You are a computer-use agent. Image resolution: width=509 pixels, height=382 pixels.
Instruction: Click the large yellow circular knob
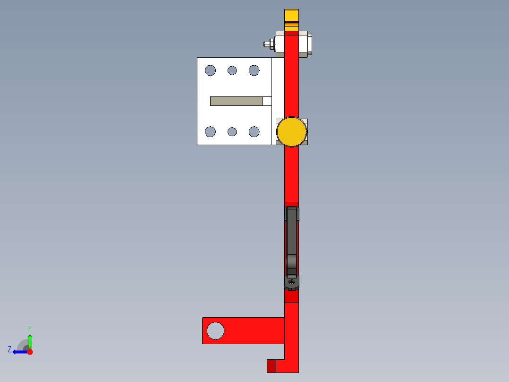click(291, 132)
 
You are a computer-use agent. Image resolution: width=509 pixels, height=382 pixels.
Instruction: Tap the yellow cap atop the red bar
click(291, 17)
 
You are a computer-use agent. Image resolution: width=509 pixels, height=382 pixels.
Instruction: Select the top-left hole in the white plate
click(210, 70)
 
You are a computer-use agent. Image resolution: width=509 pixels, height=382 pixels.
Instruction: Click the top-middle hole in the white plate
click(232, 70)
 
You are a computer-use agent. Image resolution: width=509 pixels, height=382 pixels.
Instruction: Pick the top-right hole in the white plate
click(254, 70)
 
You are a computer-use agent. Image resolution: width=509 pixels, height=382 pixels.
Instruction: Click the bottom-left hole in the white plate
click(210, 131)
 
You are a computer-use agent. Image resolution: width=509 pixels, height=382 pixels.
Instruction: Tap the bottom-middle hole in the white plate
click(232, 131)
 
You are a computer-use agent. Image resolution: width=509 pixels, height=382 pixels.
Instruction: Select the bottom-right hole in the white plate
click(254, 131)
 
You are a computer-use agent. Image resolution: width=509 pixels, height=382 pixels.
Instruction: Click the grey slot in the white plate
click(236, 101)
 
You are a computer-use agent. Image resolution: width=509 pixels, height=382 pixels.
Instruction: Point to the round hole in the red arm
click(216, 330)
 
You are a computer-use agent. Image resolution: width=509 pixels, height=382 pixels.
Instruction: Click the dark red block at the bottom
click(271, 366)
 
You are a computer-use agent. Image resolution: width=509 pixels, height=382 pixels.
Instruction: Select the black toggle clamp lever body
click(292, 241)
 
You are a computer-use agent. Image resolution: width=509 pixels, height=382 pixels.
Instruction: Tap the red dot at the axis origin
click(30, 352)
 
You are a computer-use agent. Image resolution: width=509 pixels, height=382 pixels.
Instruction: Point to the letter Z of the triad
click(9, 349)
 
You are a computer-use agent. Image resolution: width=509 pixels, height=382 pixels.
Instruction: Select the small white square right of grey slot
click(267, 101)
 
